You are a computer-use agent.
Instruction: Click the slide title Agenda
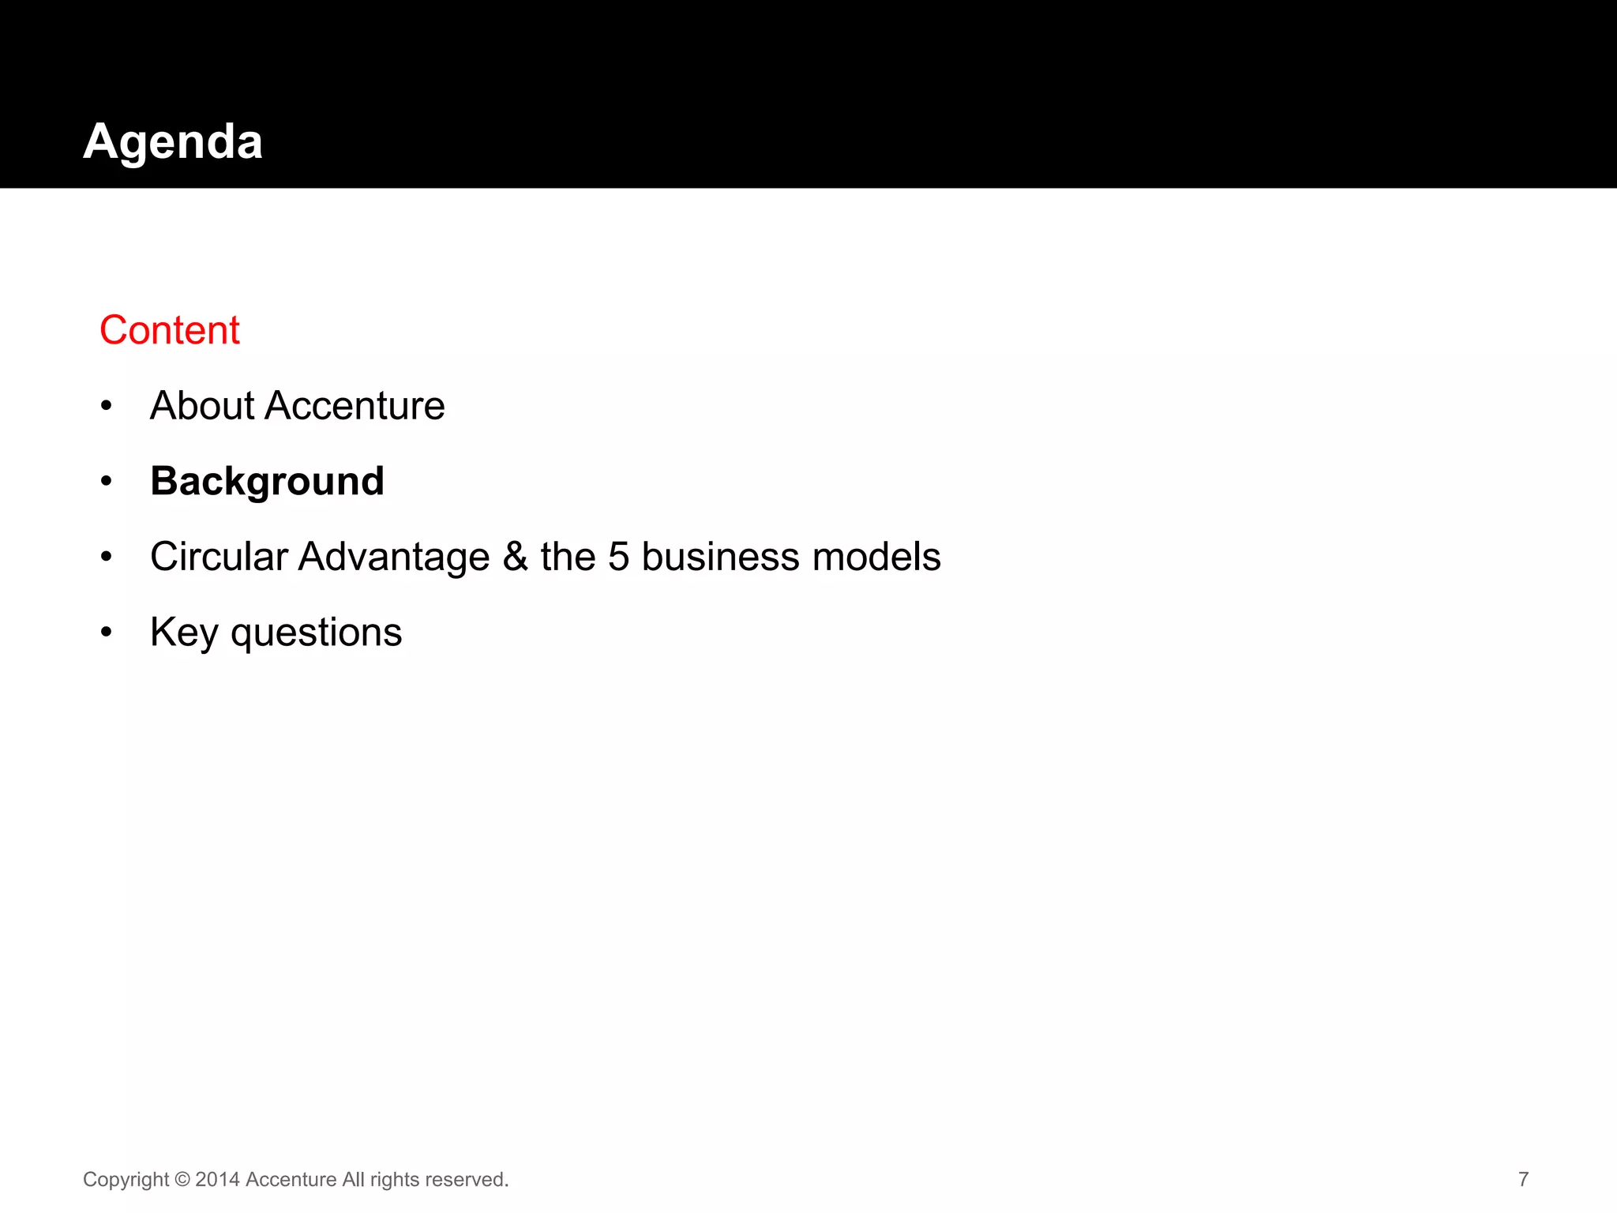click(173, 142)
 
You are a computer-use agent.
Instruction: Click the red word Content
click(169, 330)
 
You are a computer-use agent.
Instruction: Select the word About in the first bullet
click(202, 406)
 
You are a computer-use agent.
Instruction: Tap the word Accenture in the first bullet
click(355, 406)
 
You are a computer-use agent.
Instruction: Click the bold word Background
click(267, 482)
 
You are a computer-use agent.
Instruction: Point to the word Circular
click(219, 557)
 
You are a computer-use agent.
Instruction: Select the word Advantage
click(394, 557)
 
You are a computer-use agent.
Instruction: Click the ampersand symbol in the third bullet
click(515, 556)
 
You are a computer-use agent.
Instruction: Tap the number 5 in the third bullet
click(618, 557)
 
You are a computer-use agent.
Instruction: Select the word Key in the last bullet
click(184, 633)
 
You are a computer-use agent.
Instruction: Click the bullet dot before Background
click(107, 481)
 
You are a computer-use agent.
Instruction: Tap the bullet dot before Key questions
click(107, 632)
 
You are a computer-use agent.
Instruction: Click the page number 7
click(1523, 1179)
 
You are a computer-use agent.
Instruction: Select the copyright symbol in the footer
click(182, 1180)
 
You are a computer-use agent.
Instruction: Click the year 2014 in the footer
click(217, 1180)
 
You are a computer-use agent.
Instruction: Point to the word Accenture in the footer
click(291, 1180)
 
